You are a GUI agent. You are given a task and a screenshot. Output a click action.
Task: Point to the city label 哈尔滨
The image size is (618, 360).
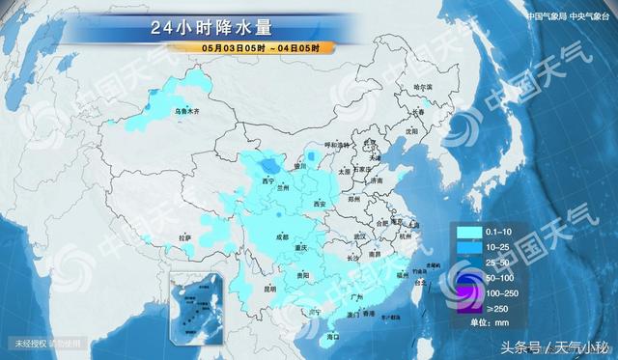point(423,87)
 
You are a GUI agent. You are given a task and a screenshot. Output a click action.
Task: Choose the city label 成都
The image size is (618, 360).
point(281,235)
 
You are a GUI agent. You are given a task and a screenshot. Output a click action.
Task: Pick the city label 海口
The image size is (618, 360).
point(333,336)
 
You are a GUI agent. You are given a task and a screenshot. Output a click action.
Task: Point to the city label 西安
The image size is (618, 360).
point(320,205)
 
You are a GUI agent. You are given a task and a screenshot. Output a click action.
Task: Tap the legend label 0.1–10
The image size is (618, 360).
point(499,233)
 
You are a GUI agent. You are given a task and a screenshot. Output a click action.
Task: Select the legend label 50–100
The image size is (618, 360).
point(500,276)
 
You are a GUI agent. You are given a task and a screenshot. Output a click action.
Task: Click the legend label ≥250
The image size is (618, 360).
point(498,308)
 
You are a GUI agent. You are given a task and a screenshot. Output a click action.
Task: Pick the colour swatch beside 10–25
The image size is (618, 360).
point(468,247)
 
